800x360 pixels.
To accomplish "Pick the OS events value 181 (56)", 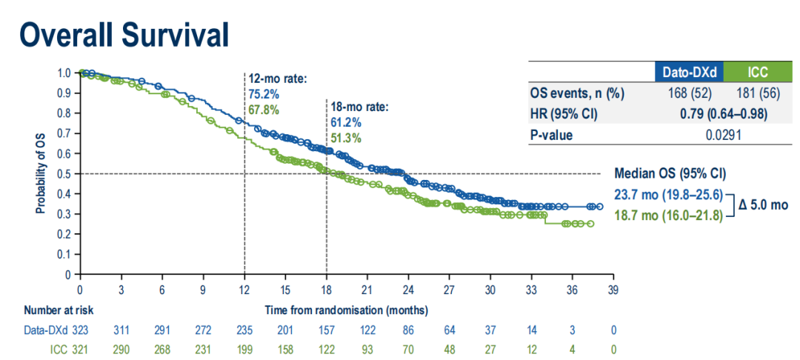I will tap(753, 94).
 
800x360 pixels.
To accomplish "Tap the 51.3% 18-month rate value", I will tap(346, 138).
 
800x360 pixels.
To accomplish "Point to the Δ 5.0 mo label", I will tap(763, 205).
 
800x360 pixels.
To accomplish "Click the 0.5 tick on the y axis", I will tap(65, 174).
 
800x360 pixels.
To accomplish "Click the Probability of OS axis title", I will tap(41, 174).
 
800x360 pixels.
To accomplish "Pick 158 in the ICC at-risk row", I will tap(285, 349).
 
